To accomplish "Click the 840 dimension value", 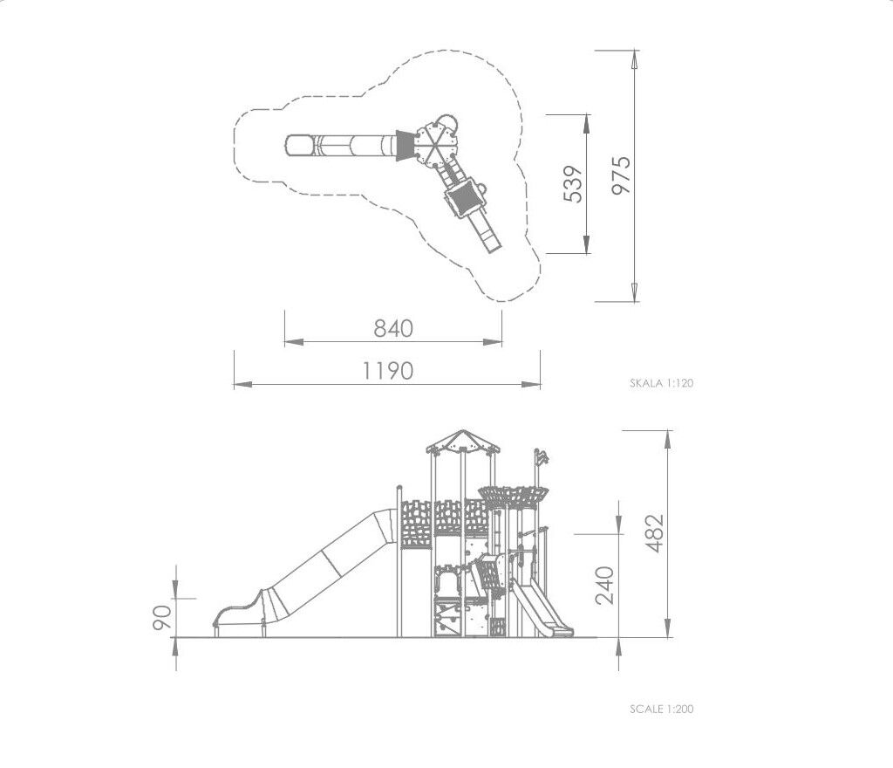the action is pyautogui.click(x=393, y=329).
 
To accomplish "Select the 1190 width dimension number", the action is pyautogui.click(x=388, y=371).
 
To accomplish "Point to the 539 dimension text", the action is pyautogui.click(x=573, y=184).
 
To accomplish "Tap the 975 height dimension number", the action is pyautogui.click(x=621, y=175).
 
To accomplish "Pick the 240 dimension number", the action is pyautogui.click(x=604, y=585).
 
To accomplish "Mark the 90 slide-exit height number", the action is pyautogui.click(x=162, y=618).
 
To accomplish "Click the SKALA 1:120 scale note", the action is pyautogui.click(x=661, y=383).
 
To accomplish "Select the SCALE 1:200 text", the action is pyautogui.click(x=661, y=710).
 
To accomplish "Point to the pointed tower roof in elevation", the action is pyautogui.click(x=462, y=440).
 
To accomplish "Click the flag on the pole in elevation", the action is pyautogui.click(x=542, y=456).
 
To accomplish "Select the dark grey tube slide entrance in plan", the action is pyautogui.click(x=404, y=145).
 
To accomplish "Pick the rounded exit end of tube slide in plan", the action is pyautogui.click(x=300, y=145).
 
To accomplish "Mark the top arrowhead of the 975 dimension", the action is pyautogui.click(x=634, y=60).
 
